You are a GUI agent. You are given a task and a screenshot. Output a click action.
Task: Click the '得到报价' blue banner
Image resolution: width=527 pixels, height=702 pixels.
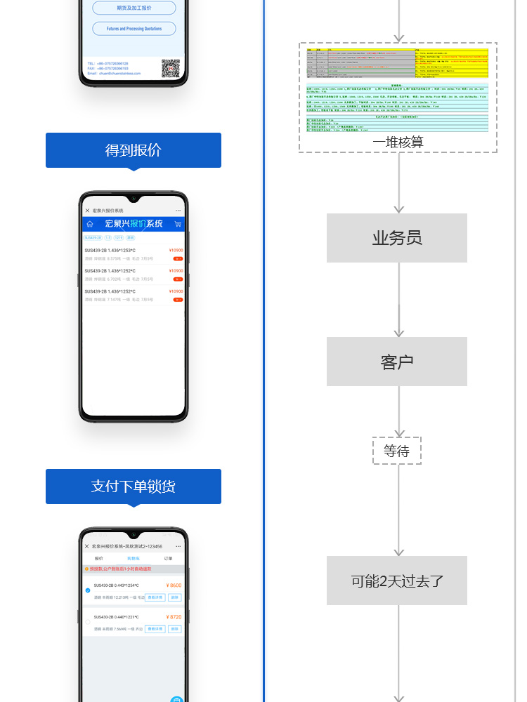[x=133, y=150]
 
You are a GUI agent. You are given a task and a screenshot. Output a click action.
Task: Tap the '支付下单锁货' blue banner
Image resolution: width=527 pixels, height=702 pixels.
[x=133, y=486]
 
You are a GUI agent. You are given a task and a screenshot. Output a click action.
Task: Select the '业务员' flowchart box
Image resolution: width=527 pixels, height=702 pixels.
[x=397, y=238]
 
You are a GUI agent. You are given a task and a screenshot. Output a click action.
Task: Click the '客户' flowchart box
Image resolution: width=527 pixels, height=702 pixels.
[x=397, y=362]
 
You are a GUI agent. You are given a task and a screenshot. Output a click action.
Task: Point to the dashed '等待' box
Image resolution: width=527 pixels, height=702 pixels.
[x=397, y=451]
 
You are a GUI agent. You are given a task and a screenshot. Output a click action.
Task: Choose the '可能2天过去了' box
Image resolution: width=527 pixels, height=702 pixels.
[x=397, y=581]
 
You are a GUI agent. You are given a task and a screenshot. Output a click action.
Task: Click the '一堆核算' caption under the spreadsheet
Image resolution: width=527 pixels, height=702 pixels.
[x=398, y=143]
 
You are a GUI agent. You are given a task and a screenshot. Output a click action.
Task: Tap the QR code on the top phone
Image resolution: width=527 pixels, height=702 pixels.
[x=170, y=68]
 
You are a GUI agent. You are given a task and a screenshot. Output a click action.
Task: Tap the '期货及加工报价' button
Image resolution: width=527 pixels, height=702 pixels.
[x=134, y=8]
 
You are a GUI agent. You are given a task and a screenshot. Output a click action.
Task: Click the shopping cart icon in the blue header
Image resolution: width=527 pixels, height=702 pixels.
[x=177, y=224]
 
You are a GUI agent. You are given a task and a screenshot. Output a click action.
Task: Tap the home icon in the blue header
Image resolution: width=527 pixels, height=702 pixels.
[x=89, y=224]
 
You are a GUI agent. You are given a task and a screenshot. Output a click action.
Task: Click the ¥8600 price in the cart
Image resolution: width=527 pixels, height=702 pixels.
[x=174, y=585]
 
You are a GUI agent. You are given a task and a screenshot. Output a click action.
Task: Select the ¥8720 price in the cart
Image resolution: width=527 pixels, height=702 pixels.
[x=174, y=617]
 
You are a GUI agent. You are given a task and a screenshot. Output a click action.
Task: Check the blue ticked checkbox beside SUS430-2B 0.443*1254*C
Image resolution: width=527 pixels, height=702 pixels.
[x=88, y=591]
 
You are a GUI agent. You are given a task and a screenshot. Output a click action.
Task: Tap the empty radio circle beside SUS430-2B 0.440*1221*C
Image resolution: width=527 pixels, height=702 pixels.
[x=88, y=622]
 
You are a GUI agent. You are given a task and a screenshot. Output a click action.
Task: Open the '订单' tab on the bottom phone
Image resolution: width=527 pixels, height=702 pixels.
[x=168, y=559]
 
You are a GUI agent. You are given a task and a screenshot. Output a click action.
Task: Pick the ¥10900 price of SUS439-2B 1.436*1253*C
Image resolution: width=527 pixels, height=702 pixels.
[x=176, y=251]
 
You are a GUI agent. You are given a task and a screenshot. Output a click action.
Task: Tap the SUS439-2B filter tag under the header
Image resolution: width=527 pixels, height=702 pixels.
[x=93, y=238]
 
